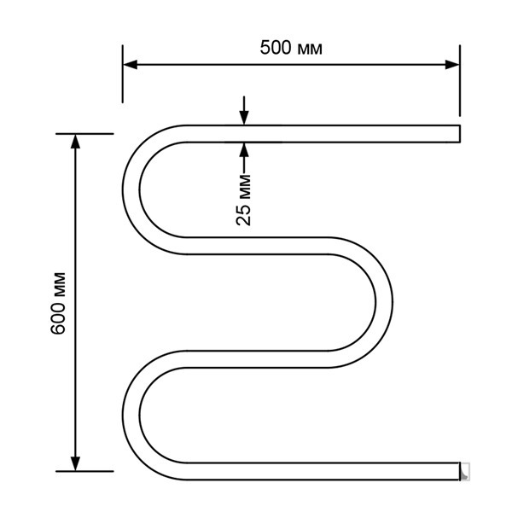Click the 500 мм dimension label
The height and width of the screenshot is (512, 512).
pyautogui.click(x=291, y=48)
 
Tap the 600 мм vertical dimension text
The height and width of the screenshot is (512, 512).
pyautogui.click(x=59, y=303)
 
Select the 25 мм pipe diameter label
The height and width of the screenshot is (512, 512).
pyautogui.click(x=245, y=198)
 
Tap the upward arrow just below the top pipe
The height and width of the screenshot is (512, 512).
pyautogui.click(x=245, y=148)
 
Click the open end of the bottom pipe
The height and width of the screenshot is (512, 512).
pyautogui.click(x=459, y=470)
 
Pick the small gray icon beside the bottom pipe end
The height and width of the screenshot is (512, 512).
pyautogui.click(x=466, y=471)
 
